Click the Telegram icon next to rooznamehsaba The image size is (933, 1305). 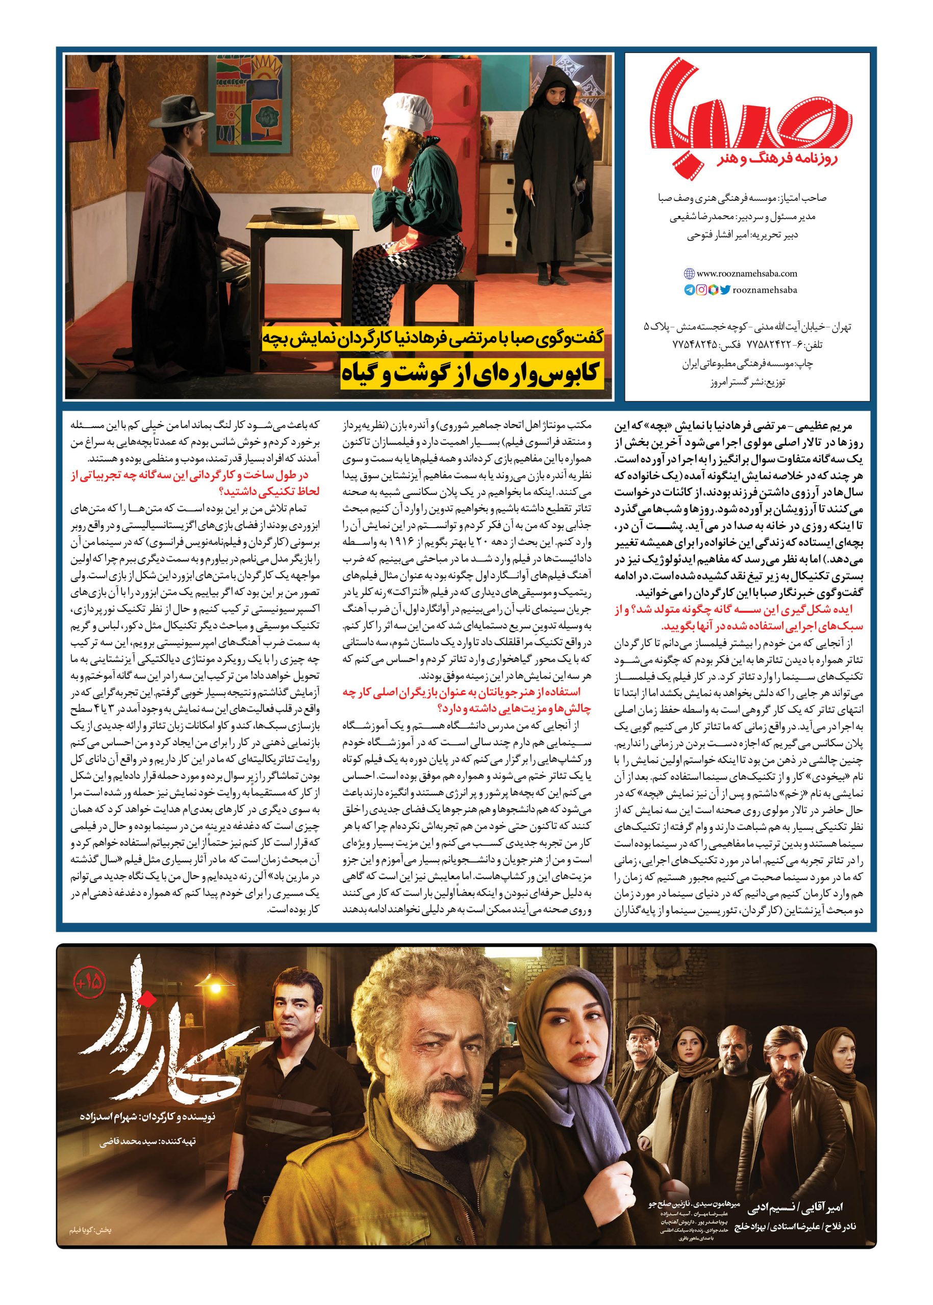coord(688,291)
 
